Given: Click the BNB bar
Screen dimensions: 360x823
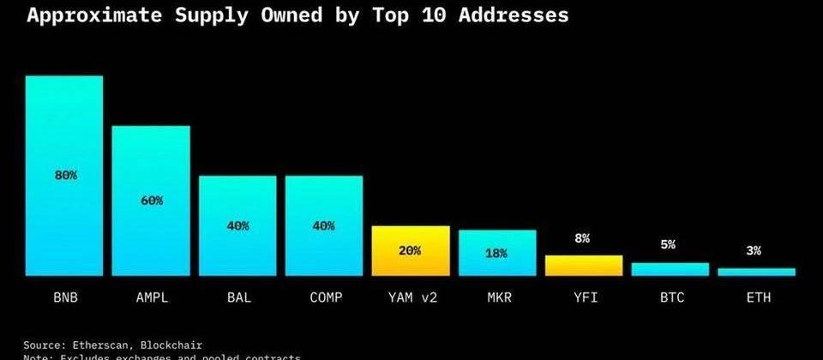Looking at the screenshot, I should click(64, 176).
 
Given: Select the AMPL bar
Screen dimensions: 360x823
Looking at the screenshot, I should click(151, 201).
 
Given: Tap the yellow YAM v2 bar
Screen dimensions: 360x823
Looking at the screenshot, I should click(411, 250).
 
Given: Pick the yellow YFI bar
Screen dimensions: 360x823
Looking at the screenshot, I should click(584, 266).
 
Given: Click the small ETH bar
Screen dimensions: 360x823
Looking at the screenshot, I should click(756, 272).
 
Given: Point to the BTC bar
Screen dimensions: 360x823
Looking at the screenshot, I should click(670, 269).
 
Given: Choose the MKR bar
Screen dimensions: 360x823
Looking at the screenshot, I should click(497, 253).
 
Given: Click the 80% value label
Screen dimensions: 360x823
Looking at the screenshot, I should click(66, 175).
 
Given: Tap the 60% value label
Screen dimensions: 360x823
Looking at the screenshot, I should click(152, 201).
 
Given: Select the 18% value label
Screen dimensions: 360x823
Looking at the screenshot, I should click(496, 254).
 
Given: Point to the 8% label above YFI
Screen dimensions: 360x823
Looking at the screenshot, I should click(583, 239).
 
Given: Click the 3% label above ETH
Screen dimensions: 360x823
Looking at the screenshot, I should click(754, 250).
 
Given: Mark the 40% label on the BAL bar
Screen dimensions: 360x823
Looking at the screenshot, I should click(238, 226).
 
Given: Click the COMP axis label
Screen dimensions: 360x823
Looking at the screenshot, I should click(324, 297).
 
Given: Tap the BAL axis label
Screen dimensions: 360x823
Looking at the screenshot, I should click(238, 297).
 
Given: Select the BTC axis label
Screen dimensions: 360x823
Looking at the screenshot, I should click(670, 297).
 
